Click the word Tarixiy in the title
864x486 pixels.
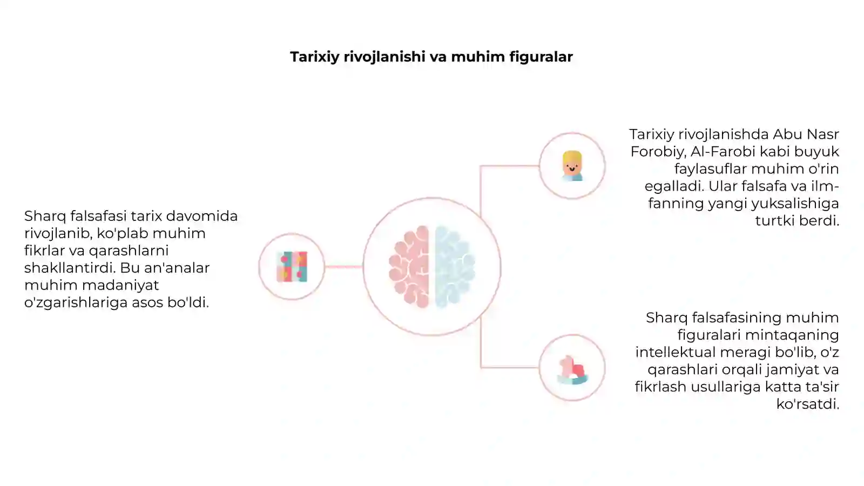pyautogui.click(x=315, y=57)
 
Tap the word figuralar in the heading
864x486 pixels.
pyautogui.click(x=541, y=57)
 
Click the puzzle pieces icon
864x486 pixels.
pyautogui.click(x=292, y=267)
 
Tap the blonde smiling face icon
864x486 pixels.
pyautogui.click(x=572, y=166)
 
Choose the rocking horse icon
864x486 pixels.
pyautogui.click(x=572, y=370)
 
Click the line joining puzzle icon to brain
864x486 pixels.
pyautogui.click(x=343, y=267)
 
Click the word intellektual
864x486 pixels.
pyautogui.click(x=676, y=352)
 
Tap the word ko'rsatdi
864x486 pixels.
pyautogui.click(x=808, y=404)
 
